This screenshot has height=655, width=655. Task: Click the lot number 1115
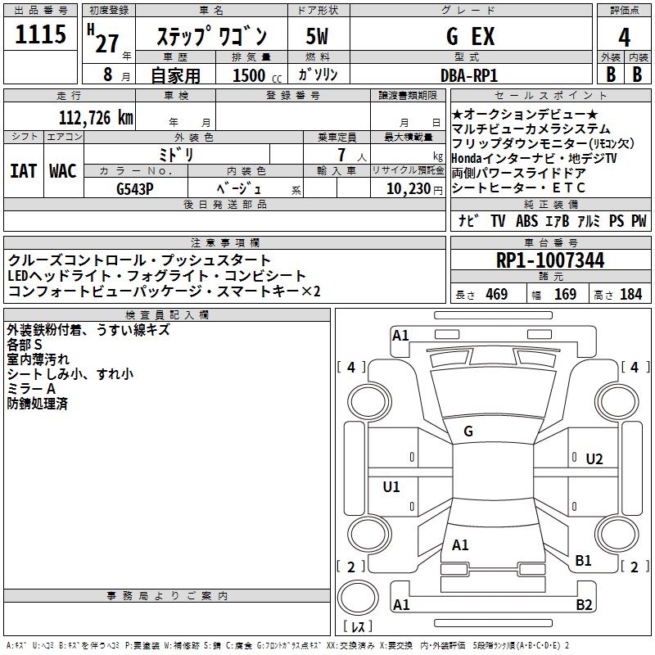coord(40,34)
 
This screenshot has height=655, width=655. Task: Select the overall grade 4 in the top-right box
coord(624,38)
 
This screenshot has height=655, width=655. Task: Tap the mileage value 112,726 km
coord(96,117)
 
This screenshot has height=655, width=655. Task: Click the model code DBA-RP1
coord(469,75)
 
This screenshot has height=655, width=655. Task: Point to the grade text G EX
coord(470,36)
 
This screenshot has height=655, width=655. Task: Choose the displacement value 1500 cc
coord(257,75)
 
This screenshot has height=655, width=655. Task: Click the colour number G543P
coord(134,189)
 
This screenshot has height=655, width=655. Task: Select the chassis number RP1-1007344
coord(550,260)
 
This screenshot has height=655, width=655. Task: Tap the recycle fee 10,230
coord(409,189)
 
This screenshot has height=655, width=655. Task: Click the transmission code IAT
coord(23,171)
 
